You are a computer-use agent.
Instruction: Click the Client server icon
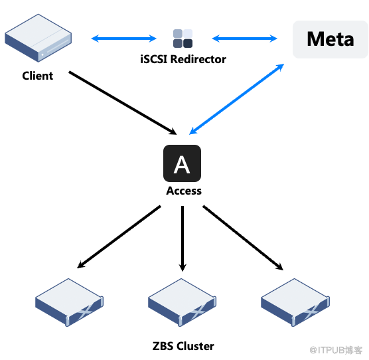coord(38,38)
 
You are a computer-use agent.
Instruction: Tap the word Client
coord(38,76)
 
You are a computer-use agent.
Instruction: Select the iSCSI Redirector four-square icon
coord(183,39)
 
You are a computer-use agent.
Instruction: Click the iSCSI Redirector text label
coord(183,59)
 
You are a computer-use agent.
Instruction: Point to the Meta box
coord(330,39)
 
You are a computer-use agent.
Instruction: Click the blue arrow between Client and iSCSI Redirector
coord(124,39)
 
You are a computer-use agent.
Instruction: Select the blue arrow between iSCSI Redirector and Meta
coord(245,39)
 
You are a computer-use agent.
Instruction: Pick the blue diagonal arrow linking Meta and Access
coord(236,99)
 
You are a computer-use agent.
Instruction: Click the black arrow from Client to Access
coord(123,103)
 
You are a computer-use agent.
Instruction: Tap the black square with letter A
coord(182,163)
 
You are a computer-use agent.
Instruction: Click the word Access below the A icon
coord(184,191)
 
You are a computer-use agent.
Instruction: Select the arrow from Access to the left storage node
coord(119,237)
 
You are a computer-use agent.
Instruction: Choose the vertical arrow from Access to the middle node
coord(183,238)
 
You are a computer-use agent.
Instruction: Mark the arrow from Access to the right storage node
coord(243,238)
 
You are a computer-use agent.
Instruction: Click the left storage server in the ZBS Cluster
coord(69,302)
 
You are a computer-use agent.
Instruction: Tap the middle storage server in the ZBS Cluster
coord(182,302)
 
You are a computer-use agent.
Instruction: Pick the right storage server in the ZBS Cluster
coord(295,302)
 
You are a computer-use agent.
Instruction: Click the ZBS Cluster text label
coord(183,346)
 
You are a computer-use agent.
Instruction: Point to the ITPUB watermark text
coord(336,350)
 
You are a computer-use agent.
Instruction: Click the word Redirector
coord(198,59)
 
